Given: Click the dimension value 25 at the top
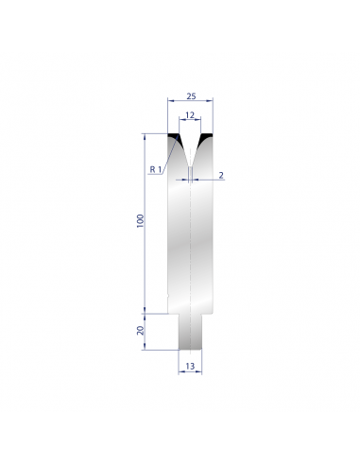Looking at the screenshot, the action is tap(191, 96).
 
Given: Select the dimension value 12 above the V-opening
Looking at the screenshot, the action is tap(190, 115).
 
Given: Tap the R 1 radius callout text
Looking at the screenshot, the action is tap(156, 169).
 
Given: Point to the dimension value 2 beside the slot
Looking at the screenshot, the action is tap(221, 175).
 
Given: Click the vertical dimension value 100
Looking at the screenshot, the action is tap(140, 221).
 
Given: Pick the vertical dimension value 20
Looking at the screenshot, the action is tap(140, 330).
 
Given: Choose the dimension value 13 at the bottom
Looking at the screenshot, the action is tap(190, 366).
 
